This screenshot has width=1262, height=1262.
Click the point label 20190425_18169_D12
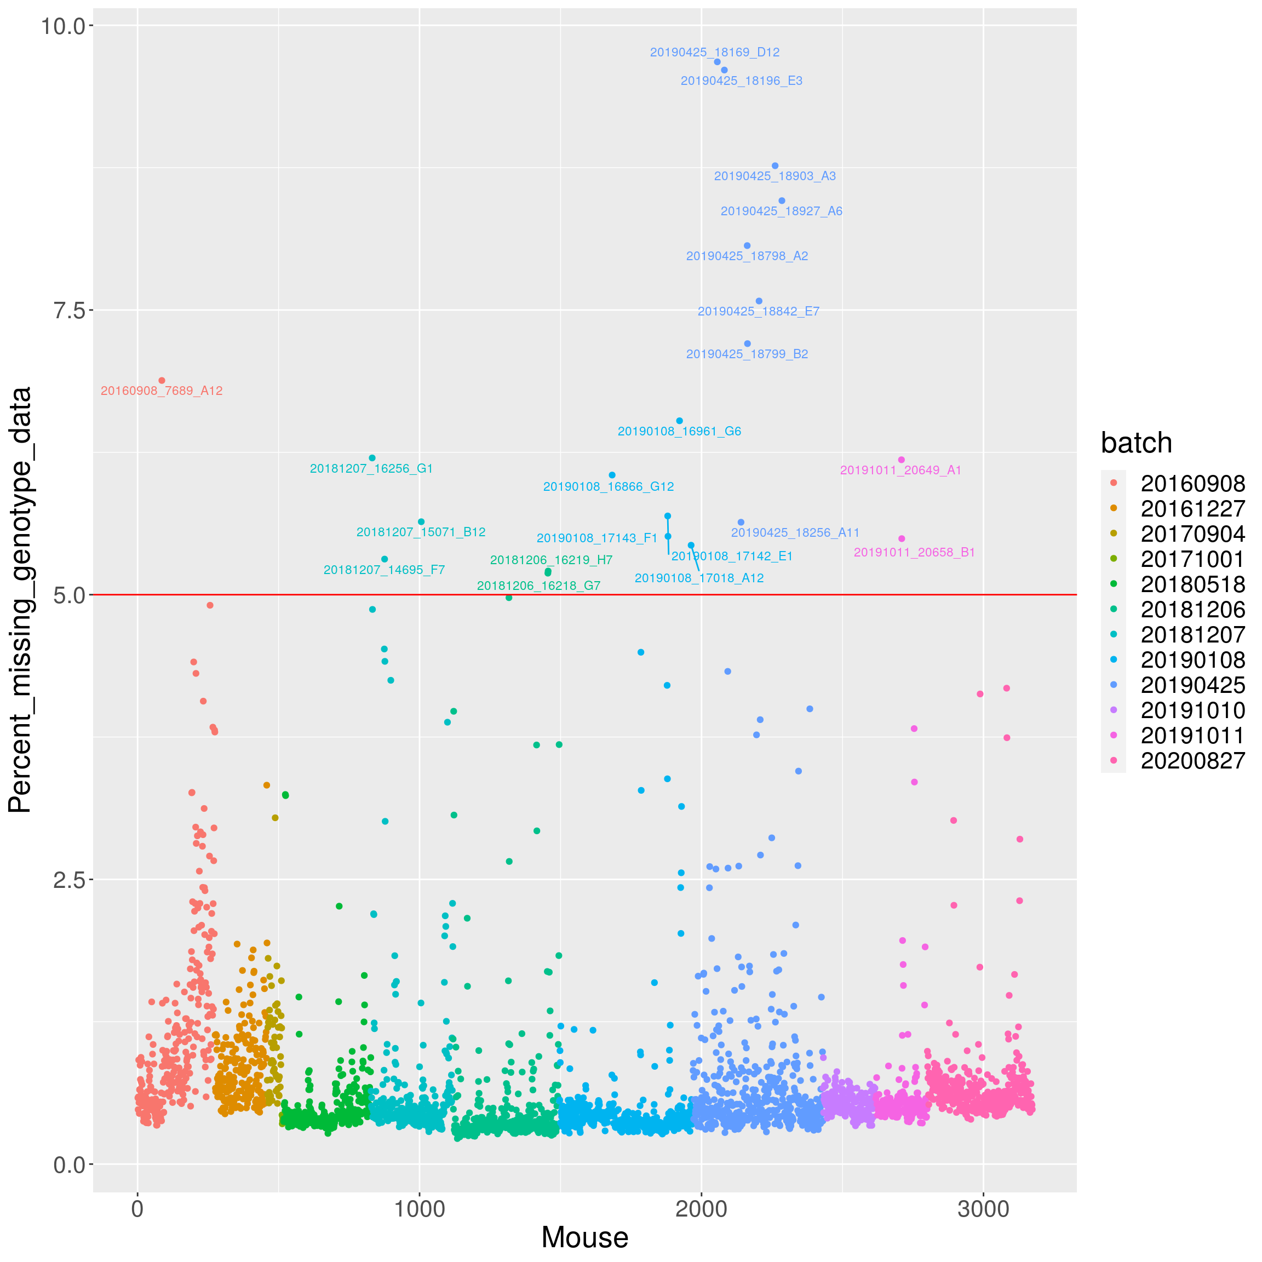click(x=715, y=52)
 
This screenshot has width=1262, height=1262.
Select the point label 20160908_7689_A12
click(x=162, y=391)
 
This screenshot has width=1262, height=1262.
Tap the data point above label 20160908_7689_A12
click(x=162, y=380)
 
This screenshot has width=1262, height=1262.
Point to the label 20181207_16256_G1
click(x=371, y=468)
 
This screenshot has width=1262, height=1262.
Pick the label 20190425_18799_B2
click(x=747, y=354)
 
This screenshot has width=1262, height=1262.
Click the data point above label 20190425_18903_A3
click(x=775, y=166)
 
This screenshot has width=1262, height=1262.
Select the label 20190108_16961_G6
click(x=679, y=431)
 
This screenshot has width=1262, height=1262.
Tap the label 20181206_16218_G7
click(x=538, y=586)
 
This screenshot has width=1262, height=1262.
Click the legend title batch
click(x=1137, y=443)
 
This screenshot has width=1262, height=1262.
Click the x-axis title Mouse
click(x=584, y=1237)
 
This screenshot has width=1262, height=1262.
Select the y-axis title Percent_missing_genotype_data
click(x=20, y=600)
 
